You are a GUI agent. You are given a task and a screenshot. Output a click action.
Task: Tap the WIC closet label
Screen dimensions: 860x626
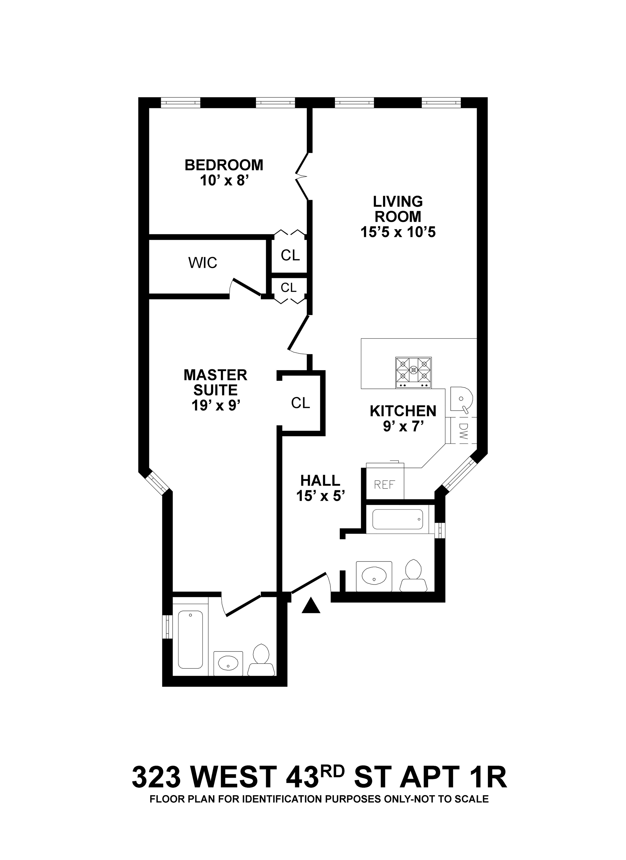click(x=203, y=263)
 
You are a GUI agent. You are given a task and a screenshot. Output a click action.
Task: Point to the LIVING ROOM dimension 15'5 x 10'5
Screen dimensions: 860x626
click(x=398, y=232)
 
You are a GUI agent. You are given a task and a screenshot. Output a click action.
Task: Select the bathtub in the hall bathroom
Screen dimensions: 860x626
click(x=398, y=519)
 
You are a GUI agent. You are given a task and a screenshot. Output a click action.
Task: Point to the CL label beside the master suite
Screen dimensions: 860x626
click(x=300, y=403)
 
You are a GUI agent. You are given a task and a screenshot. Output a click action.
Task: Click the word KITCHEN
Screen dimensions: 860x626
click(x=403, y=411)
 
